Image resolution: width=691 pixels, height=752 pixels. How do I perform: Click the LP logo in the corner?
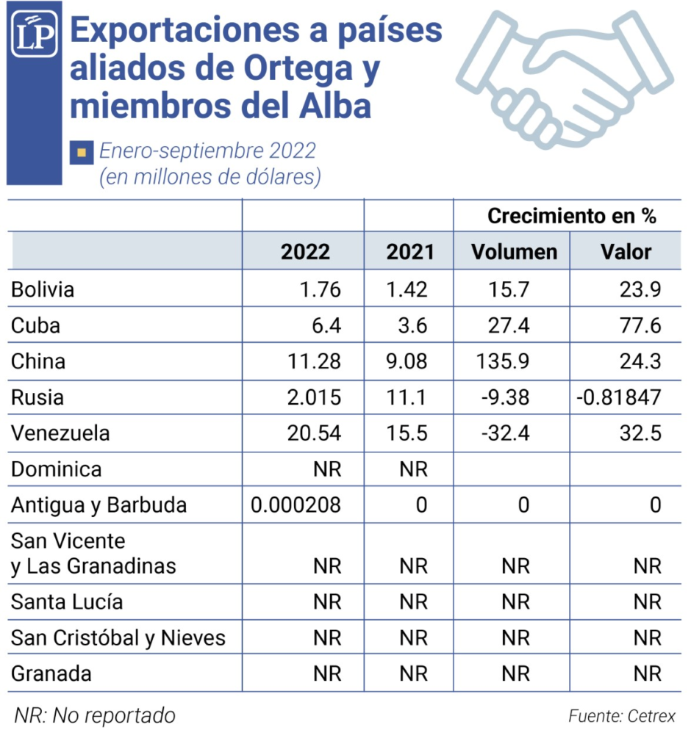tap(34, 34)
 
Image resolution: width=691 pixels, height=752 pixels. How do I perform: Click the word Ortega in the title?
tap(298, 68)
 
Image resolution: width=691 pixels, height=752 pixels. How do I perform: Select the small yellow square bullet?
tap(82, 153)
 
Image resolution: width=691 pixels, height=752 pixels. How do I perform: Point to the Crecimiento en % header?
tap(571, 216)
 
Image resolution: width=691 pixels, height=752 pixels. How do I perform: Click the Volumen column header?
tap(514, 252)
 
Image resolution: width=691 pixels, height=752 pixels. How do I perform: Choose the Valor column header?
tap(626, 252)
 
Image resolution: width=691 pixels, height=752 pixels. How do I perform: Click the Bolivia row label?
tap(43, 289)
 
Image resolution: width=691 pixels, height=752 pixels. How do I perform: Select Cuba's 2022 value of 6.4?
tap(326, 325)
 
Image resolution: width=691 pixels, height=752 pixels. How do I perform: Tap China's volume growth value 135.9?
tap(502, 361)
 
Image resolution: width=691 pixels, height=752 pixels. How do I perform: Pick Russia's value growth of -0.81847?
tap(618, 397)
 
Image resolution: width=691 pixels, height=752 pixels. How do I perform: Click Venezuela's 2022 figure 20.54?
tap(314, 433)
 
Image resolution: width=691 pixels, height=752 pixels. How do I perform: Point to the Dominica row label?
tap(56, 469)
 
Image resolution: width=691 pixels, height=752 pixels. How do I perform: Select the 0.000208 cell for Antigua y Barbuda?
tap(296, 505)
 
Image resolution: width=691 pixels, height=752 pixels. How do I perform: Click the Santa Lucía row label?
tap(67, 601)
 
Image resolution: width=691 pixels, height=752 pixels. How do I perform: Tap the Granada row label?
tap(51, 673)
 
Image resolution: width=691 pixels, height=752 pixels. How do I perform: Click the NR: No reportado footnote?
tap(95, 715)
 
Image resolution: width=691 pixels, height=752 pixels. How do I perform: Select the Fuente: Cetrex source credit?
tap(622, 716)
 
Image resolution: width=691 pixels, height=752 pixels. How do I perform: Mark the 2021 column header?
tap(410, 252)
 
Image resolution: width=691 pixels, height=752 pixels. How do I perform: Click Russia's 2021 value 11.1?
tap(407, 397)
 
